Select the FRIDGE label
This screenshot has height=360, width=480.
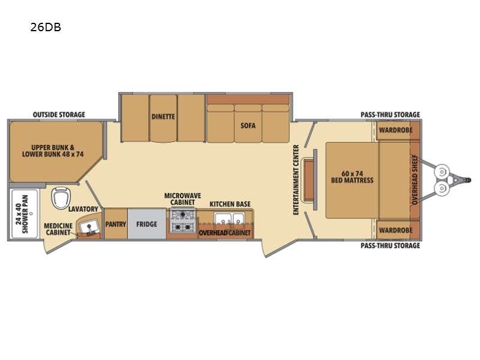point(146,224)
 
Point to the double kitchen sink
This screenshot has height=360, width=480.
point(224,218)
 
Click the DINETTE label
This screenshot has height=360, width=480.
point(163,117)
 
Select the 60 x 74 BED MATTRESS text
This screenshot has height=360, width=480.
point(352,176)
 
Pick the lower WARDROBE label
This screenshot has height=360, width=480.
point(394,230)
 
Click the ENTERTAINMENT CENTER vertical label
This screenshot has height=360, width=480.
point(296,179)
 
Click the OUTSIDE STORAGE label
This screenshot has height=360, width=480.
point(59,115)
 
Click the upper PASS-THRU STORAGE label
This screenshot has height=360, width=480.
point(390,115)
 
